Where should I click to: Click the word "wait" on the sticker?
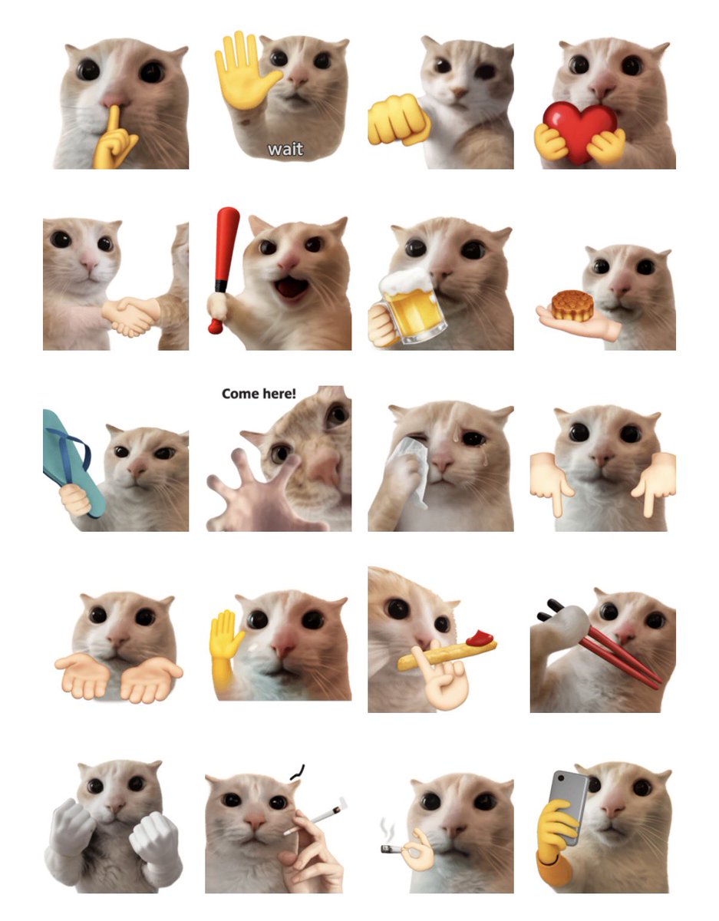click(x=285, y=149)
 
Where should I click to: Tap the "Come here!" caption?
click(x=259, y=394)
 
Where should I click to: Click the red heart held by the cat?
click(x=580, y=130)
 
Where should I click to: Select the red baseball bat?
click(x=223, y=266)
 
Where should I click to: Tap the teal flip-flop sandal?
click(x=72, y=462)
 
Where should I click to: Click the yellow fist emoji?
click(x=398, y=120)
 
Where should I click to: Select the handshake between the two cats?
click(x=130, y=315)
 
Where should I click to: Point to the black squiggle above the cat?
click(x=297, y=772)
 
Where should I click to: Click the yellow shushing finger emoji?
click(x=114, y=137)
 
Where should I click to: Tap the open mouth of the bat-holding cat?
click(x=292, y=287)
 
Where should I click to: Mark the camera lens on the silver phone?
click(x=560, y=778)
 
